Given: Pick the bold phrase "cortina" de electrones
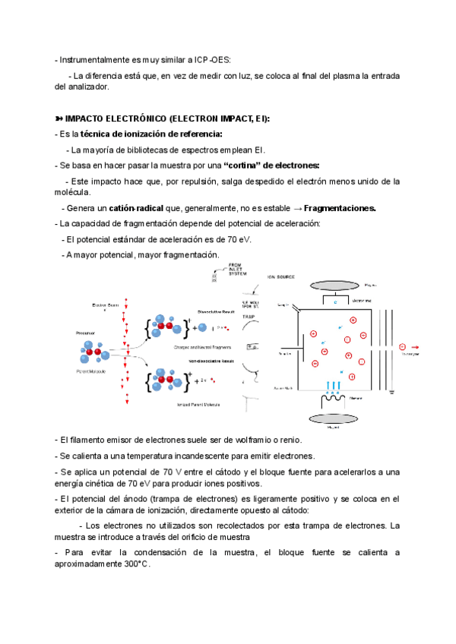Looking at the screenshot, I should [x=272, y=165].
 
